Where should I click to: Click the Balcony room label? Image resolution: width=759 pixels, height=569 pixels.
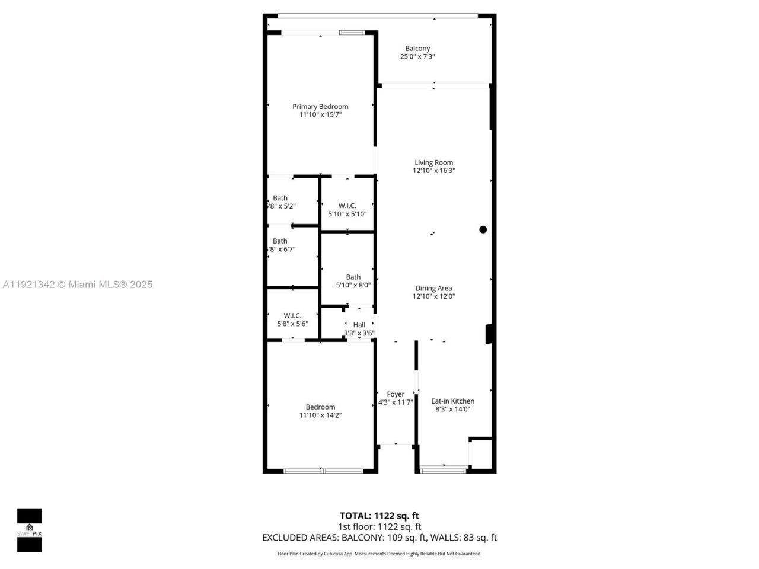(417, 49)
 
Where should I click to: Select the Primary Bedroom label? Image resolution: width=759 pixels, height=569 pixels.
(320, 107)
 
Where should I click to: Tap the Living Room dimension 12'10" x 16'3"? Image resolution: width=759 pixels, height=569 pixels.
(434, 171)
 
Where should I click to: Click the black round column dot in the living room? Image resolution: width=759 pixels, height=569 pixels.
(483, 229)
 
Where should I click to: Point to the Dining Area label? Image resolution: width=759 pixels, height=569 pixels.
(433, 288)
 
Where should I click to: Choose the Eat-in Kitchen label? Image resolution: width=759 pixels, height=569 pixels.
(452, 401)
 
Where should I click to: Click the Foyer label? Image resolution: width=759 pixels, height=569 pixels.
(396, 394)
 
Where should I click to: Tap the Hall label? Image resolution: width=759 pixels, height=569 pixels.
(359, 325)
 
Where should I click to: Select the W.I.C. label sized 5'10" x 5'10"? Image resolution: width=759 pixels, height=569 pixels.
(347, 206)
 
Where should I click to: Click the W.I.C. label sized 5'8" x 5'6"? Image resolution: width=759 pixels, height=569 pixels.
(292, 315)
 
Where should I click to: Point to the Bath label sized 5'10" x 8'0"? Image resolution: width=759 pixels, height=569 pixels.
(353, 277)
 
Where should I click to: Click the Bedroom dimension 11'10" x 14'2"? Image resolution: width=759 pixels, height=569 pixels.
(320, 415)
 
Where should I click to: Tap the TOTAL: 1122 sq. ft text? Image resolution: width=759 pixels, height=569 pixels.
(379, 516)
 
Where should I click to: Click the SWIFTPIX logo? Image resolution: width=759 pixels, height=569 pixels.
(29, 530)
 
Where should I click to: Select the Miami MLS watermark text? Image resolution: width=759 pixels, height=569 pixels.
(78, 284)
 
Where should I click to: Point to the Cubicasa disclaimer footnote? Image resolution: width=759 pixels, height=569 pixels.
(379, 554)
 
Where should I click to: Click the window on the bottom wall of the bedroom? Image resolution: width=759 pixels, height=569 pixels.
(323, 471)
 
